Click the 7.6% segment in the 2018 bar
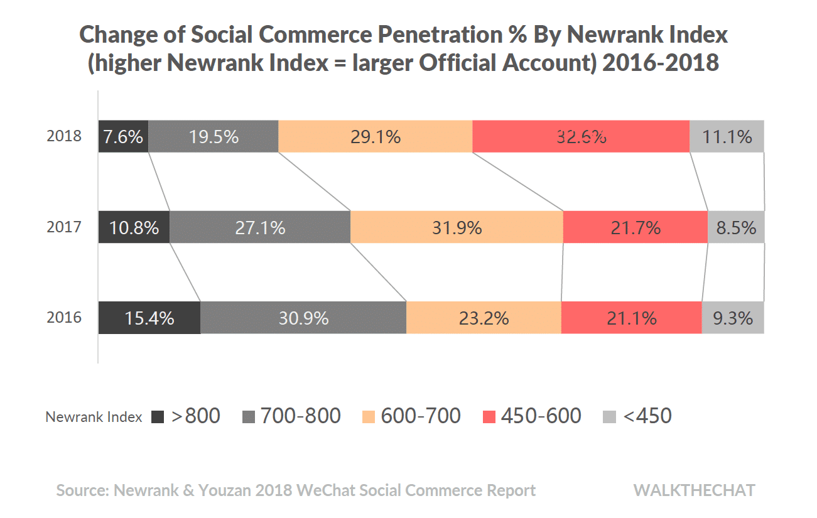123,136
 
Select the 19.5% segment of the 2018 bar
214,136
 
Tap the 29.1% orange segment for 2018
375,136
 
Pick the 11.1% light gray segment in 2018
727,136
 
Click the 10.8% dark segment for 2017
134,227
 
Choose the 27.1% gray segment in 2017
260,227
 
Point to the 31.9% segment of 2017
457,227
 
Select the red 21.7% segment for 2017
636,227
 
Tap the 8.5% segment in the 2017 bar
736,227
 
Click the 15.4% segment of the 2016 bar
149,318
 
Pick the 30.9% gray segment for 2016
303,318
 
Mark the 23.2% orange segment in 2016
484,318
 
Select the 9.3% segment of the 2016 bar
733,318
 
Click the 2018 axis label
64,136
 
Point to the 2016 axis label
64,318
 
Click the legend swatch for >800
158,417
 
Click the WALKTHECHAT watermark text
694,490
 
